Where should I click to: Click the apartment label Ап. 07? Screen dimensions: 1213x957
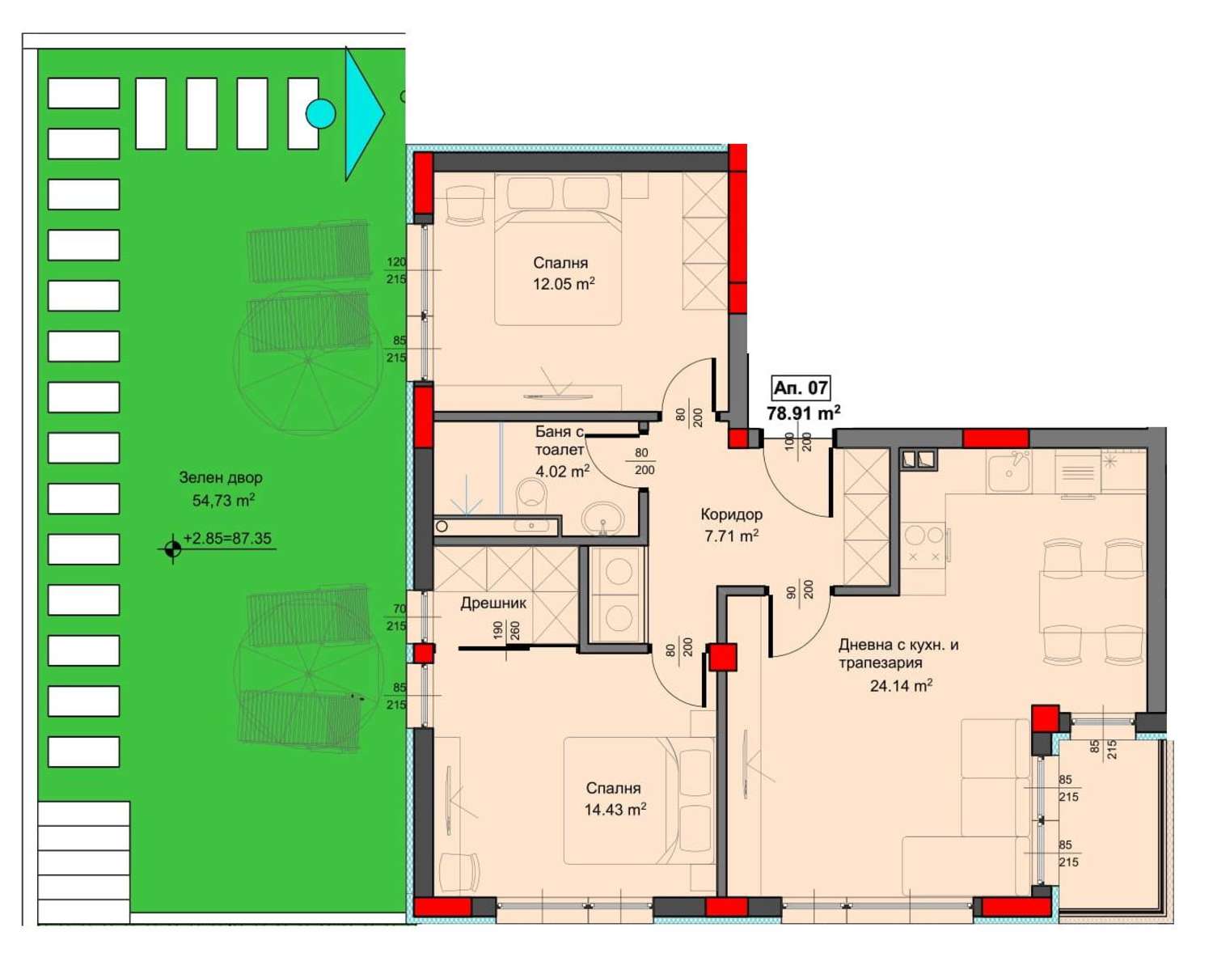pyautogui.click(x=801, y=388)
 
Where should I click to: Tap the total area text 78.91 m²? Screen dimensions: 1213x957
pyautogui.click(x=803, y=413)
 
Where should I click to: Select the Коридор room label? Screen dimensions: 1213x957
pyautogui.click(x=732, y=514)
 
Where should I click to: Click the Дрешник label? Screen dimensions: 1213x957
pyautogui.click(x=493, y=603)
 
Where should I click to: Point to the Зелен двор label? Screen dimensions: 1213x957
pyautogui.click(x=221, y=477)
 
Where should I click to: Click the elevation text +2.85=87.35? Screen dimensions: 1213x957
pyautogui.click(x=227, y=539)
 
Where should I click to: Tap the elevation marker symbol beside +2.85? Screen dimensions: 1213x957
pyautogui.click(x=172, y=548)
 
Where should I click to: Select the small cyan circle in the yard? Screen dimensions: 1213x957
pyautogui.click(x=320, y=114)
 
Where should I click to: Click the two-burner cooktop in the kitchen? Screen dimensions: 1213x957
pyautogui.click(x=923, y=545)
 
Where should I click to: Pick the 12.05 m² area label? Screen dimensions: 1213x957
pyautogui.click(x=564, y=284)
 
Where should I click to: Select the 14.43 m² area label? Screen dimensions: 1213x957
pyautogui.click(x=615, y=809)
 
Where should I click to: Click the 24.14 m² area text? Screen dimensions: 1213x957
pyautogui.click(x=901, y=686)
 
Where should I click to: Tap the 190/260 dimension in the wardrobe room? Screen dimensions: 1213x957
pyautogui.click(x=506, y=630)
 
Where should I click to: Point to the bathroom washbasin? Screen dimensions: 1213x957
pyautogui.click(x=602, y=517)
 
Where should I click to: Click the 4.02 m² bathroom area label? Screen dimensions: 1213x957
pyautogui.click(x=562, y=471)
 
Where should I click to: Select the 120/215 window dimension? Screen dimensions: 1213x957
pyautogui.click(x=396, y=270)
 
